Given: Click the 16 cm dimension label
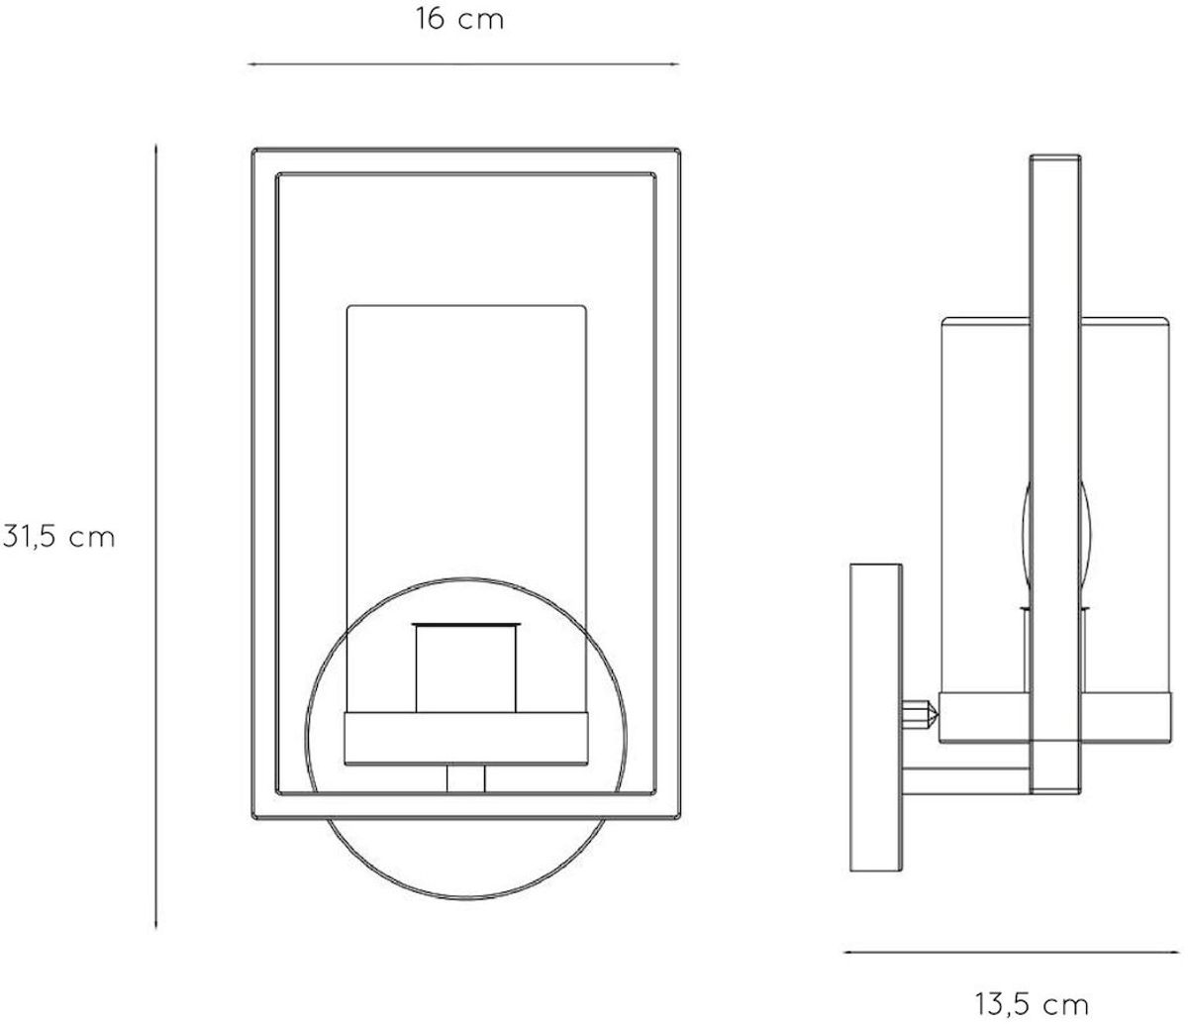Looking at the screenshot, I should click(459, 20).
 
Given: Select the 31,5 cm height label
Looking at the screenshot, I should click(59, 537).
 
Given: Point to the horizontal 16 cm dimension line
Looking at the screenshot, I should click(462, 64).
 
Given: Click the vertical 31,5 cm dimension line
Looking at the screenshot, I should click(156, 537).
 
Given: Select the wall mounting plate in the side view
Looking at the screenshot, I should click(875, 719).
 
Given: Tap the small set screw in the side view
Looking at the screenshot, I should click(921, 714).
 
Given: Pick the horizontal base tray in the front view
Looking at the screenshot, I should click(465, 738).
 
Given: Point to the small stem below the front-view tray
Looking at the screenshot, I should click(465, 777).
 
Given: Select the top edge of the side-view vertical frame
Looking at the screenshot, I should click(1053, 156).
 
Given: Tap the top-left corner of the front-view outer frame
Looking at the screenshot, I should click(255, 152).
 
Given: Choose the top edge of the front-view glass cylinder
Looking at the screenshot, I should click(465, 306).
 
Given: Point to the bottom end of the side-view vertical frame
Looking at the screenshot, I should click(1053, 792).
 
